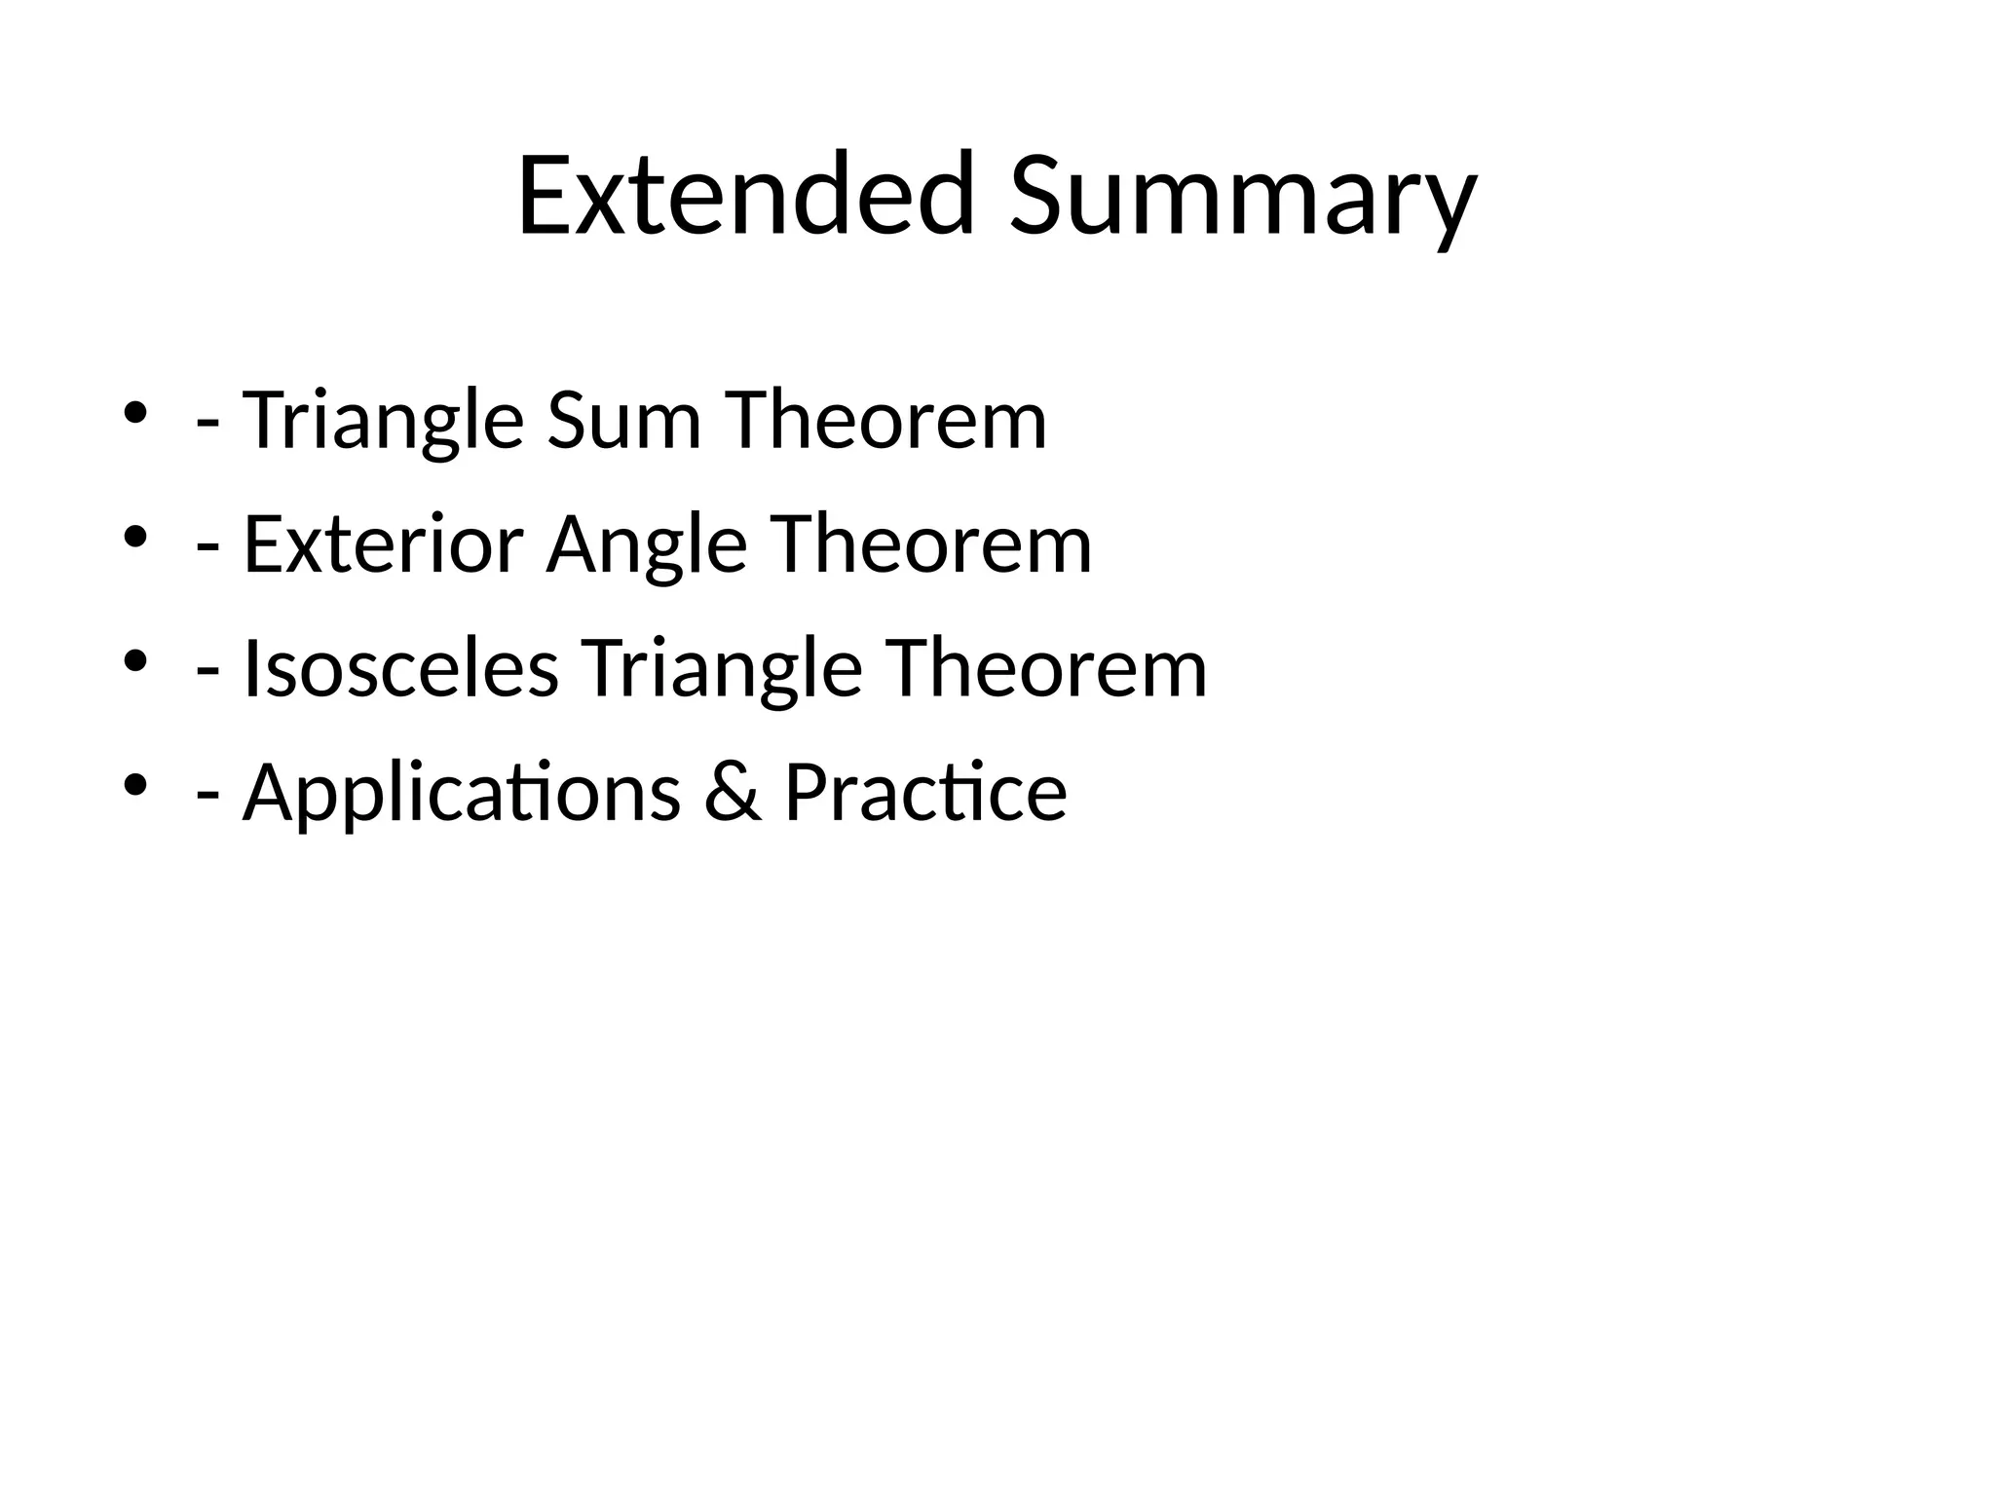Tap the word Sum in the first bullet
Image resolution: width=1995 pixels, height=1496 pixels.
[623, 421]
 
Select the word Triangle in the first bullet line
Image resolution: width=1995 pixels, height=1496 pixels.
[383, 421]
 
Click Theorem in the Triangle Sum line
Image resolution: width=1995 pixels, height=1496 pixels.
[885, 421]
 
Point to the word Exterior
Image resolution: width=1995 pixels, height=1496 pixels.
[383, 544]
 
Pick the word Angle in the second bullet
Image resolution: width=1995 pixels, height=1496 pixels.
[646, 544]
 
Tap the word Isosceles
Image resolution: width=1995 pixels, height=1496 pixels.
[400, 669]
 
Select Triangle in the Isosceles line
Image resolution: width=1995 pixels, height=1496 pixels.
[722, 669]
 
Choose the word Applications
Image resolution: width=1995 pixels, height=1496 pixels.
[461, 793]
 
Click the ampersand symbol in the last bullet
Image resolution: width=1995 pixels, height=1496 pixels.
[732, 793]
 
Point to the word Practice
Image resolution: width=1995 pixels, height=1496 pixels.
[924, 793]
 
